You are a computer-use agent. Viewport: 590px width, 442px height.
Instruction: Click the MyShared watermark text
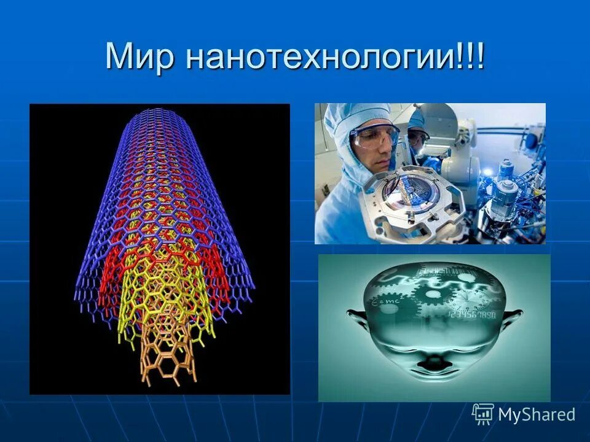(537, 414)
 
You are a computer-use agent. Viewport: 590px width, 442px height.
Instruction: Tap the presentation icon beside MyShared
(483, 414)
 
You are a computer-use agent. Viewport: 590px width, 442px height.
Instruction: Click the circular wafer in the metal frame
(409, 197)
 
